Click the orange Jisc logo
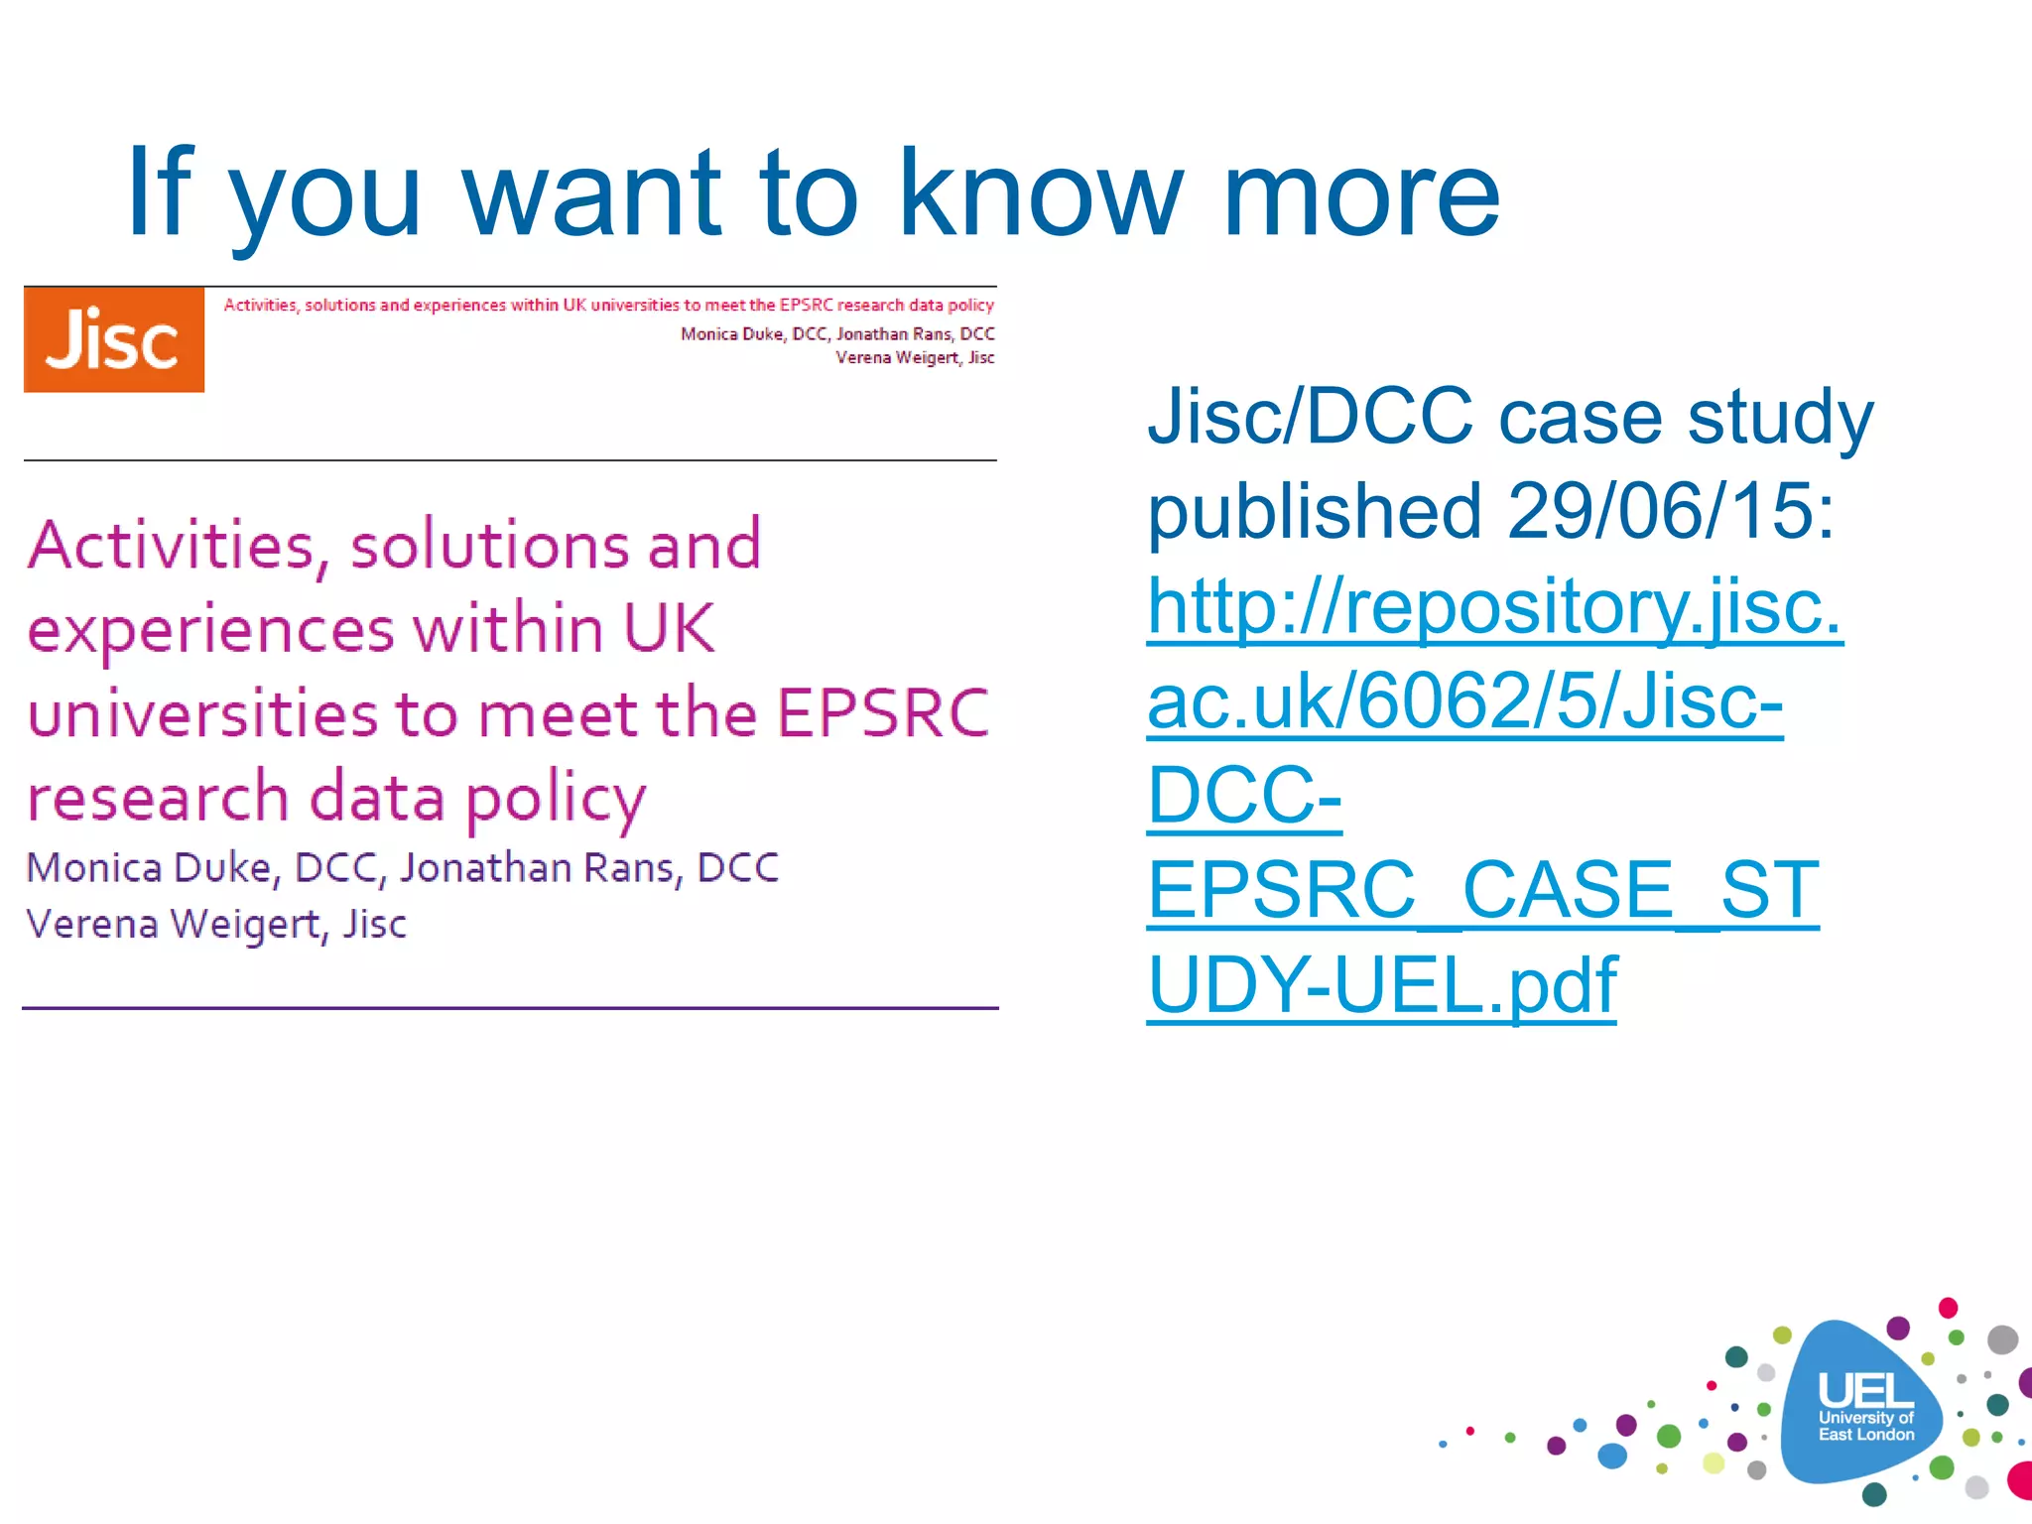click(x=114, y=339)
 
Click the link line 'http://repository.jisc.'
click(x=1493, y=606)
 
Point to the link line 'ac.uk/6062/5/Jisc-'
click(x=1464, y=701)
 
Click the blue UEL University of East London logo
click(x=1864, y=1403)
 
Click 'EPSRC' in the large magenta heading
click(x=883, y=713)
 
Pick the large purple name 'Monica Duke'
click(x=149, y=868)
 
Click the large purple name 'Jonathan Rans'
click(x=541, y=868)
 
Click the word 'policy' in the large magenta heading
click(x=556, y=800)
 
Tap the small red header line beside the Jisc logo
click(x=608, y=305)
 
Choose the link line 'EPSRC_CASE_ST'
click(x=1482, y=891)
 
